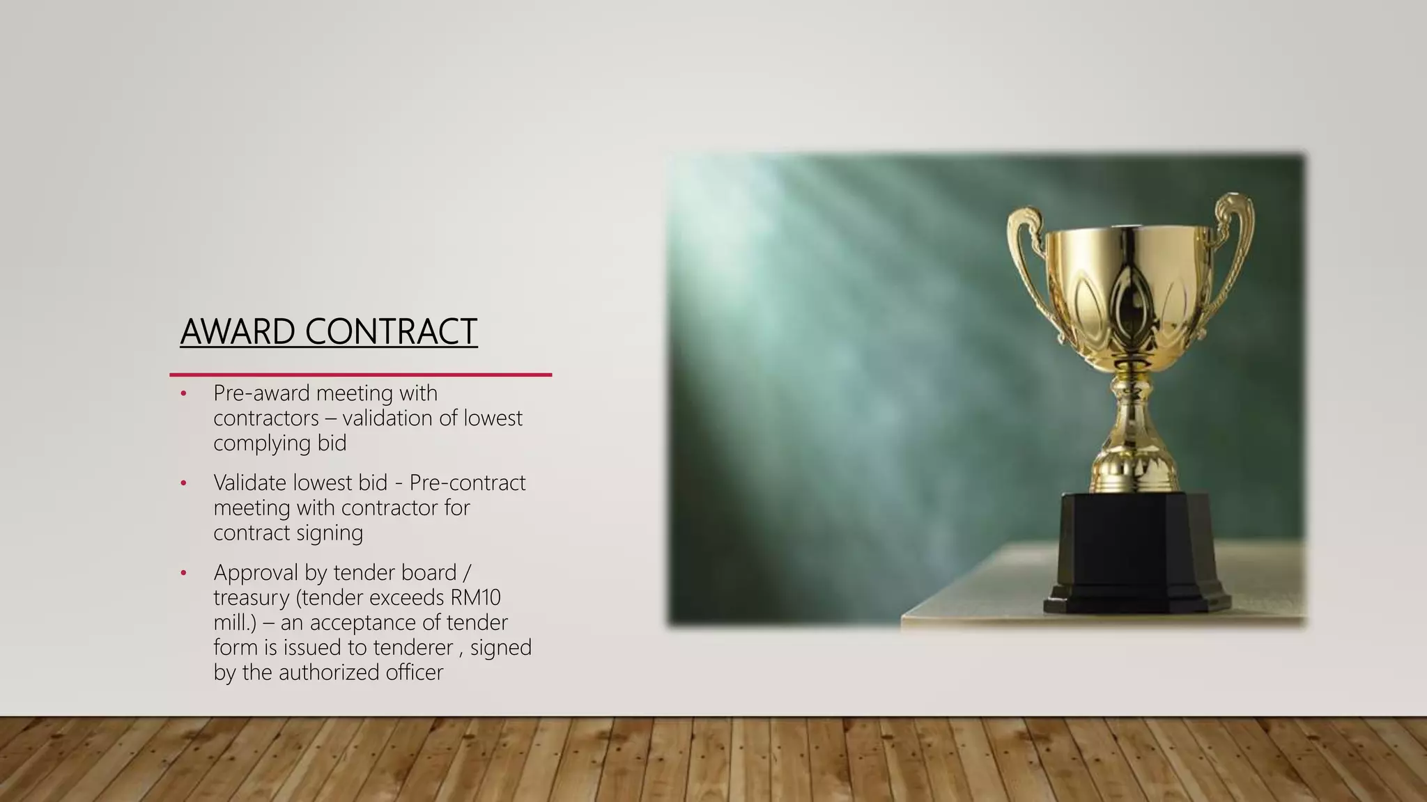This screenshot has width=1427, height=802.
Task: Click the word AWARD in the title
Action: tap(237, 331)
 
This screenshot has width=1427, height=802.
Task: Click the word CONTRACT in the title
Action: tap(391, 331)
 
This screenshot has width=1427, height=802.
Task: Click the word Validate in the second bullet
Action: tap(249, 482)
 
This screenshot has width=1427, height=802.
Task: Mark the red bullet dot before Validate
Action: tap(184, 483)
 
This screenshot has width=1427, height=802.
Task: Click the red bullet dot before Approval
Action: tap(184, 573)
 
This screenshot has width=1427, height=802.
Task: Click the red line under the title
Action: tap(360, 375)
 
